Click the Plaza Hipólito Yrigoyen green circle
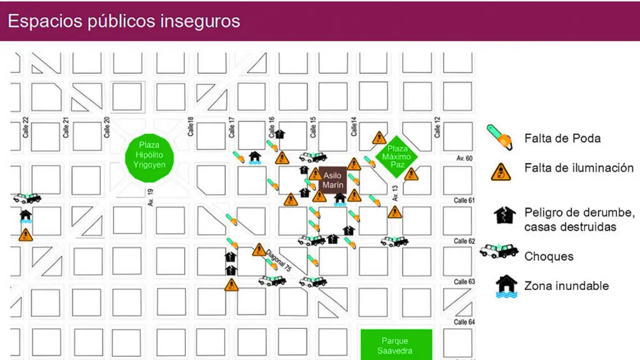149,158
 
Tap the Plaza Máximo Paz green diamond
397,157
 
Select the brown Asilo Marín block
333,180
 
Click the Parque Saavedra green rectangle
396,345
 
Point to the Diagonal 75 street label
278,260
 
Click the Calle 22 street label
26,127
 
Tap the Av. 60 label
465,158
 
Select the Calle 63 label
465,282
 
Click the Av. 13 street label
395,193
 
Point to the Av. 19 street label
150,197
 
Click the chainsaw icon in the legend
500,137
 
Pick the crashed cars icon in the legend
499,251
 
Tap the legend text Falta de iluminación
579,168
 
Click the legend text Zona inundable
566,286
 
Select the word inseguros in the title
200,21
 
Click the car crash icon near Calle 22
27,198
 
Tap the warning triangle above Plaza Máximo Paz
379,138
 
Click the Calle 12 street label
437,127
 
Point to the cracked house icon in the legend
505,215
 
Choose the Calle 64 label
465,322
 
